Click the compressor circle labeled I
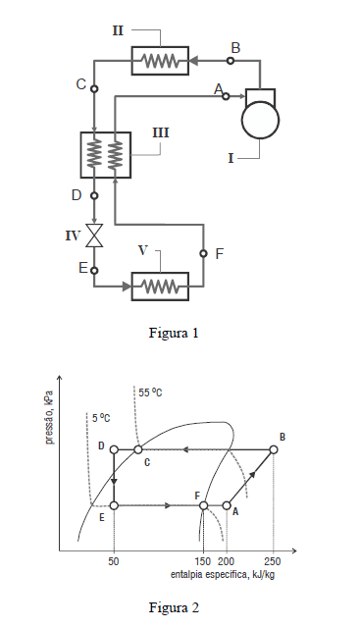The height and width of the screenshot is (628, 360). coord(260,120)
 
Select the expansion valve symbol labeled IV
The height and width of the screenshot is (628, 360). coord(95,235)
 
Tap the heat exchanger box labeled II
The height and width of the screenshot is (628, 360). coord(160,61)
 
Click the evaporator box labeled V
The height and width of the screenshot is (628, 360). coord(160,287)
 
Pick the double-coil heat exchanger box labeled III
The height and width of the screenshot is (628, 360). coord(106,155)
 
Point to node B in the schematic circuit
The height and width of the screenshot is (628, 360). coord(231,61)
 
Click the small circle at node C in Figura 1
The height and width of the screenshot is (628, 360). coord(94,88)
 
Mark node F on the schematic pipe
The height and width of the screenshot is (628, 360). coord(203,253)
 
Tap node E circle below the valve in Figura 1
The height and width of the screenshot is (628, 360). coord(94,271)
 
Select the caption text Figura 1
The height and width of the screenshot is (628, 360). coord(174,333)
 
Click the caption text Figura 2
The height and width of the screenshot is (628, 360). coord(174,607)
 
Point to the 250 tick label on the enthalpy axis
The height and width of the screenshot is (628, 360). coord(273,561)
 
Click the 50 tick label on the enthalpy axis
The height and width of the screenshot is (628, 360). coord(114,561)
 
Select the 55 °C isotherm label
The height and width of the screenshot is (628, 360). coord(150,392)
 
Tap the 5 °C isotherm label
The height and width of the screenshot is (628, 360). coord(101,418)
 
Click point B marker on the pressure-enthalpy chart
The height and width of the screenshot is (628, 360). coord(274,449)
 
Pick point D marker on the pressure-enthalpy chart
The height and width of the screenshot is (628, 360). coord(114,449)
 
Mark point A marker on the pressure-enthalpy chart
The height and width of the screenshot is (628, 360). coord(227,505)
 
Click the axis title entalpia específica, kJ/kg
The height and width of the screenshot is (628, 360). coord(223,575)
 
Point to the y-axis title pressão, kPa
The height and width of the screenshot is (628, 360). coord(50,417)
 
